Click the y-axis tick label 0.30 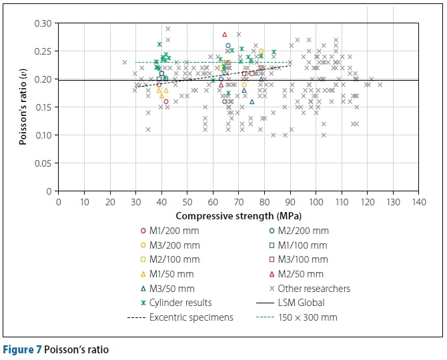click(x=43, y=23)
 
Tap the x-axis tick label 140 click(x=419, y=201)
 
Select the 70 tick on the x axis click(x=238, y=201)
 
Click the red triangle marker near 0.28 click(x=225, y=34)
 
